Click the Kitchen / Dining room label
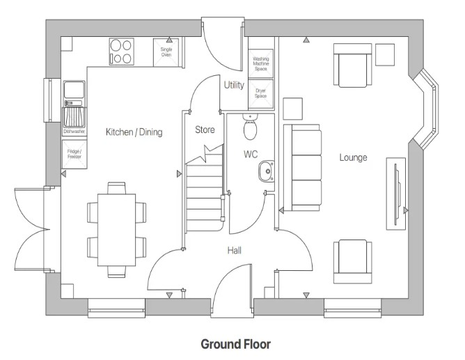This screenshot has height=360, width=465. [134, 132]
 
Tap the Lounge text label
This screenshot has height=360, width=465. [353, 157]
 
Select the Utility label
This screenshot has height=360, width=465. [233, 86]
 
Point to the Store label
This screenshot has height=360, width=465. [205, 129]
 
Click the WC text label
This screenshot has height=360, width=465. [251, 153]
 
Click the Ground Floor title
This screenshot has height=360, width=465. [235, 344]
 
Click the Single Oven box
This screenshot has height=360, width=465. [166, 52]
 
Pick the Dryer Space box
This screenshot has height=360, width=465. [261, 94]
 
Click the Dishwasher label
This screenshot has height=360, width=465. [73, 131]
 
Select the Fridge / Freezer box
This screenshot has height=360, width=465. [74, 154]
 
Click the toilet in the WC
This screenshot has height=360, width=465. [251, 128]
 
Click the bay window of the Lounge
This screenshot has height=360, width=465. [426, 110]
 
